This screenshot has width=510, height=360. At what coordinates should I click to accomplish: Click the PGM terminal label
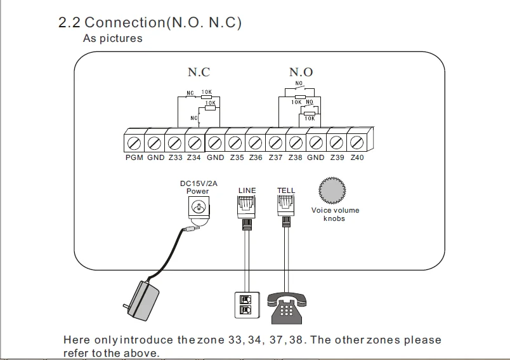click(134, 157)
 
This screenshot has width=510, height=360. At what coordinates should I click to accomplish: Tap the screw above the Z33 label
click(174, 143)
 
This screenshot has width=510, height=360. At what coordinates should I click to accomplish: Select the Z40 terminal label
click(356, 157)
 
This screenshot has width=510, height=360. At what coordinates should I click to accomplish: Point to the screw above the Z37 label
click(275, 143)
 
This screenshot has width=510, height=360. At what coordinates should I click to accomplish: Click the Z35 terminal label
click(237, 157)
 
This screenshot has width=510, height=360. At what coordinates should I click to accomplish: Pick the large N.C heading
click(199, 72)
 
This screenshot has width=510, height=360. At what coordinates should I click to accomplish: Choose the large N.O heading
click(301, 72)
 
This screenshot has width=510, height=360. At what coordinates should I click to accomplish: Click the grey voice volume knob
click(332, 190)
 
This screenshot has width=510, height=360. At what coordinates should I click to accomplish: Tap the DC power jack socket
click(199, 207)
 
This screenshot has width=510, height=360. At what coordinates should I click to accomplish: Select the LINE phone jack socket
click(246, 206)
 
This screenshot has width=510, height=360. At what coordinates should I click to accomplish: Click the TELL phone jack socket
click(286, 205)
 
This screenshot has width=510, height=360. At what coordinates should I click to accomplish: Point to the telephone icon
click(287, 308)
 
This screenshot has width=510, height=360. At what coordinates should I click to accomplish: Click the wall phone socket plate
click(247, 305)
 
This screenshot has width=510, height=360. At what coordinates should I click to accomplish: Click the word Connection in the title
click(125, 22)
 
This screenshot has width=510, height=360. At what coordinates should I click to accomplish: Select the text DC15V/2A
click(199, 183)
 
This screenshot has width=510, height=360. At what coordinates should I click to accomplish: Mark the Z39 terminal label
click(337, 157)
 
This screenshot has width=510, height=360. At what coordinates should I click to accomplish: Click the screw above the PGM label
click(134, 143)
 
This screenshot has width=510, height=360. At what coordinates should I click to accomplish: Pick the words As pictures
click(112, 38)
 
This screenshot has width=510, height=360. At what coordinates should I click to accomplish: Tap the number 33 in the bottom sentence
click(235, 340)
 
